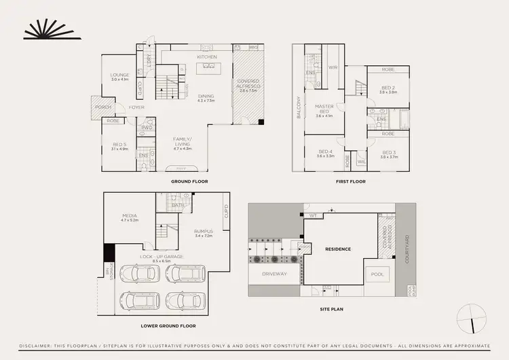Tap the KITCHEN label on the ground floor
(206, 56)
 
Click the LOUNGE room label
(120, 75)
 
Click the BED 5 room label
(119, 144)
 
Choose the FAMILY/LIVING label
(182, 141)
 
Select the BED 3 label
(388, 152)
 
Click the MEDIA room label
(130, 216)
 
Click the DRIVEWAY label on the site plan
(275, 274)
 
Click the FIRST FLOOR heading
(352, 181)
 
